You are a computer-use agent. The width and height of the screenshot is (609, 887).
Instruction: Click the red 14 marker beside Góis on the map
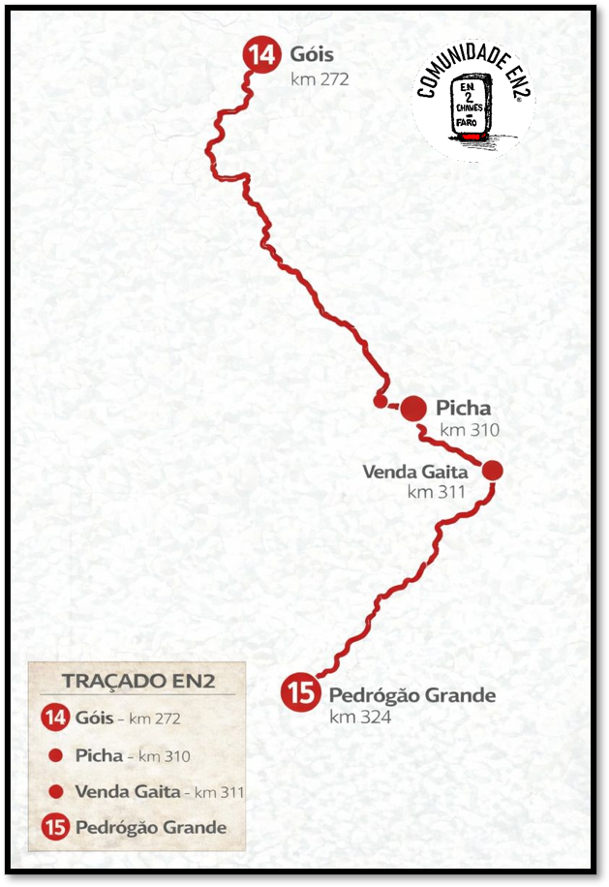click(x=259, y=54)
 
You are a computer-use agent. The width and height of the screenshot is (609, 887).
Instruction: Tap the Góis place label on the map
click(x=312, y=54)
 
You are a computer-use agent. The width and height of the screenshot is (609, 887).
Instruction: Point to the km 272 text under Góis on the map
click(x=319, y=79)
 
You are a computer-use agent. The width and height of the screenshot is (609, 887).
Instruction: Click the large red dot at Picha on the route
click(x=413, y=409)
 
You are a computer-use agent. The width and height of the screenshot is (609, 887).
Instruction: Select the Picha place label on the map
click(x=463, y=408)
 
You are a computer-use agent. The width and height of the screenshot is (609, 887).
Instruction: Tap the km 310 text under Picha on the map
click(x=470, y=430)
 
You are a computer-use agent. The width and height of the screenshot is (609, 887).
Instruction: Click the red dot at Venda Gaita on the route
click(x=492, y=471)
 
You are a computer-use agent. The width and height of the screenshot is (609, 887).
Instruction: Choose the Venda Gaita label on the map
click(x=415, y=472)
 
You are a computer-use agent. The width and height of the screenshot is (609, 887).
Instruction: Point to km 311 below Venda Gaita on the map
click(x=437, y=492)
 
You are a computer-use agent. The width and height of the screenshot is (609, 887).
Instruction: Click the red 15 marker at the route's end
click(x=301, y=692)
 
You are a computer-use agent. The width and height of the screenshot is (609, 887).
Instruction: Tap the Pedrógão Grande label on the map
click(x=412, y=695)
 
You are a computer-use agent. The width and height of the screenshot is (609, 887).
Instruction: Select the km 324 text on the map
click(x=359, y=718)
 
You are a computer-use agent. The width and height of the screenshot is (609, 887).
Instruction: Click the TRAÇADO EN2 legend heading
click(x=137, y=680)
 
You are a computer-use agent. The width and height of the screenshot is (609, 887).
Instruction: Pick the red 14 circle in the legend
click(x=56, y=719)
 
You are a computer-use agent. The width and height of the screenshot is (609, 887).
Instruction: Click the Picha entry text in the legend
click(x=99, y=755)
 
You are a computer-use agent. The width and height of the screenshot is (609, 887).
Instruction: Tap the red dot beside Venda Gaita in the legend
click(x=56, y=791)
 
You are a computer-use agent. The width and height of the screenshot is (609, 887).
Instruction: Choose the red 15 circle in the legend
click(x=56, y=828)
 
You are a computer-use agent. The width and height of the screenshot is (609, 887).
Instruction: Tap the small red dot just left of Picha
click(x=380, y=401)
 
